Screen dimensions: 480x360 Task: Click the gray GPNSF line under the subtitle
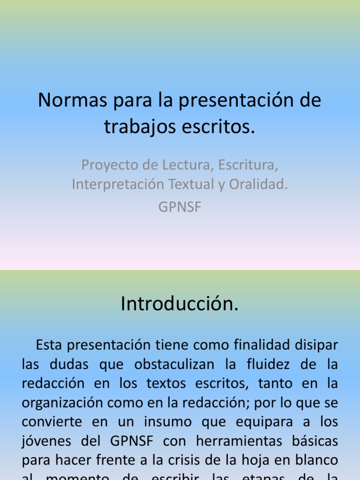(x=180, y=207)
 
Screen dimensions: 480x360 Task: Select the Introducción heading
(x=180, y=304)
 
